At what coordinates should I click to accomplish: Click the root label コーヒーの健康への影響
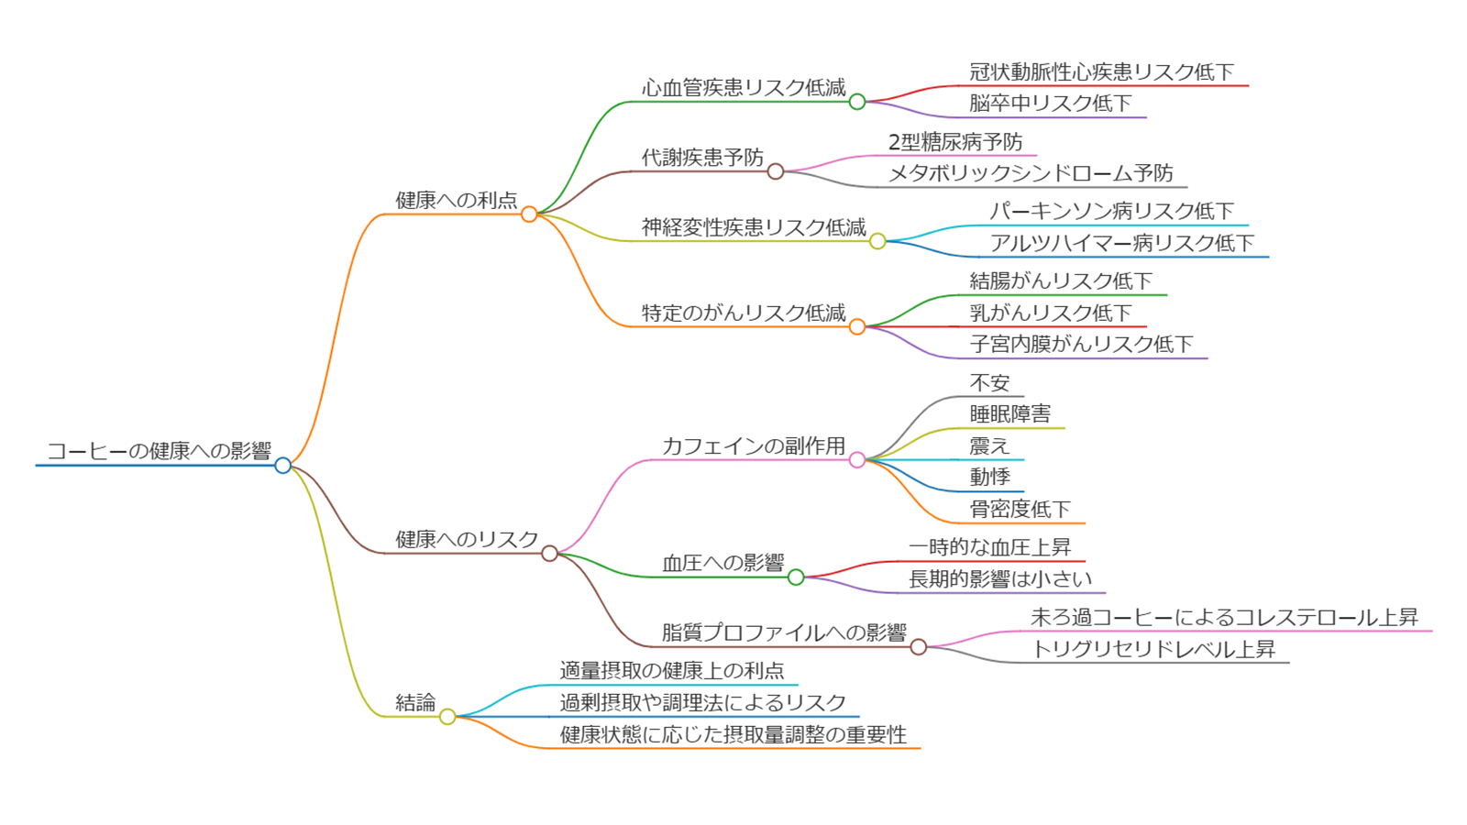coord(160,451)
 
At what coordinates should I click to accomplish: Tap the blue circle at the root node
coord(283,466)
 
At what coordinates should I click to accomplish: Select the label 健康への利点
coord(457,200)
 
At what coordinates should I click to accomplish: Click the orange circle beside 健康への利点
coord(529,214)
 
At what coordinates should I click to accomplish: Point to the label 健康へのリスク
coord(467,539)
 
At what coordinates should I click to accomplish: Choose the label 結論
coord(415,702)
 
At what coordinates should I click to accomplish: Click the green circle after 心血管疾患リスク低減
coord(857,102)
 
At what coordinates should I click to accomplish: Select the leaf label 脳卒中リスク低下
coord(1051,104)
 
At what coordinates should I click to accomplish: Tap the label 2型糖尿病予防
coord(955,142)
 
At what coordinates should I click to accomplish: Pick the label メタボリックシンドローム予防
coord(1031,173)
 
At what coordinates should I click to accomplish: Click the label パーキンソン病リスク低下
coord(1111,211)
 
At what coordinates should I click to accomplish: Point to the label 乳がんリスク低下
coord(1051,313)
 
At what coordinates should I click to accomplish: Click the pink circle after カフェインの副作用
coord(857,460)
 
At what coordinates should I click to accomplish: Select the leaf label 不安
coord(989,382)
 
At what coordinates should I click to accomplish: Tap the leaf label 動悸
coord(989,477)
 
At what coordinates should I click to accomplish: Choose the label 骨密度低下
coord(1020,509)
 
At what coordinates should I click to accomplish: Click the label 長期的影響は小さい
coord(1000,578)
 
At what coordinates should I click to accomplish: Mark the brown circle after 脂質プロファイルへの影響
coord(919,647)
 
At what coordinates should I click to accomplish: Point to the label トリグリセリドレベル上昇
coord(1153,649)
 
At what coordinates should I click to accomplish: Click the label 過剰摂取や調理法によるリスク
coord(703,702)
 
